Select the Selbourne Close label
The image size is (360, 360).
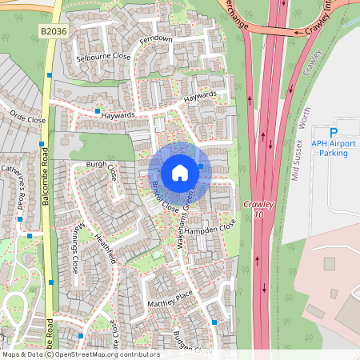pos(102,58)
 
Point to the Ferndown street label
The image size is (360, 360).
pos(156,38)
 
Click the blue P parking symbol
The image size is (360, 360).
pos(335,132)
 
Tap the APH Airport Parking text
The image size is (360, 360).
pos(335,148)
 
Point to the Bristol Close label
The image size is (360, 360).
pos(165,197)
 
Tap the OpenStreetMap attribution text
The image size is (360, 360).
pos(80,354)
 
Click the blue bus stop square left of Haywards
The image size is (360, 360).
pos(98,110)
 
